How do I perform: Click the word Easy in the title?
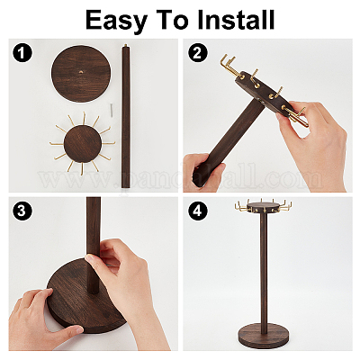(116, 21)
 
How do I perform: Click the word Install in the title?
(236, 20)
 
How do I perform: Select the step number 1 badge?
(22, 53)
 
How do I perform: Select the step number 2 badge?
(197, 53)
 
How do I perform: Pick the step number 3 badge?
(22, 211)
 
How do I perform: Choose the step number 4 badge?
(197, 211)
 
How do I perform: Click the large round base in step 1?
(81, 74)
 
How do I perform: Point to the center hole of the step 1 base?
(81, 72)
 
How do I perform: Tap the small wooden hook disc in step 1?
(82, 144)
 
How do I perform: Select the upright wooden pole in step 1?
(126, 117)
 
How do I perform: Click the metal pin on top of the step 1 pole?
(125, 46)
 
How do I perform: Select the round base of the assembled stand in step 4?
(263, 334)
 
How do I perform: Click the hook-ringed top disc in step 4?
(263, 207)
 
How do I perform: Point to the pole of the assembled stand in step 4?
(264, 268)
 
